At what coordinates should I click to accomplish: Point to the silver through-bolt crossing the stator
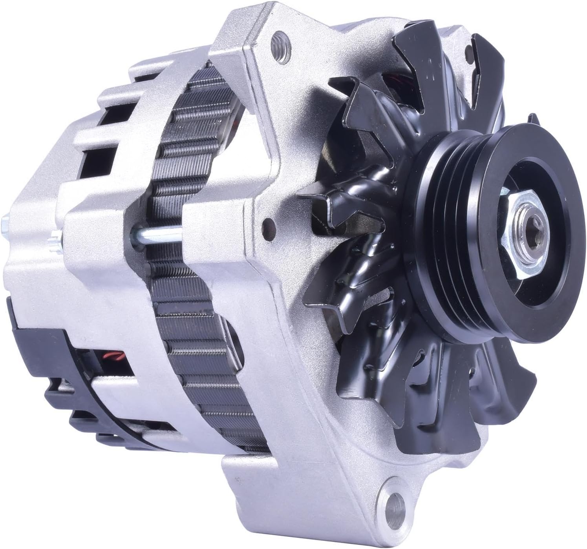[157, 238]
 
